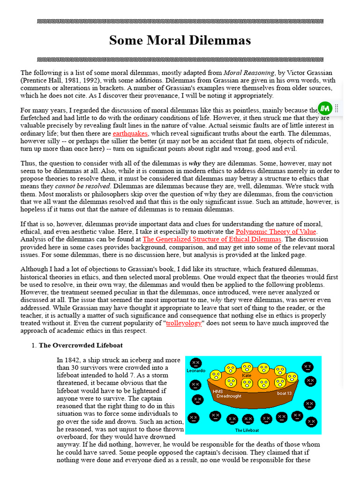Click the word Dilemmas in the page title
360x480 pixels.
(217, 40)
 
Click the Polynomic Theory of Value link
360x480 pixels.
(276, 232)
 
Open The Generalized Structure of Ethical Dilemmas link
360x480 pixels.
(212, 239)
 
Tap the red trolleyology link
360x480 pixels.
(184, 323)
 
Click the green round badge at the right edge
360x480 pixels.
(325, 108)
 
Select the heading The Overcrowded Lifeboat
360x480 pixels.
(81, 345)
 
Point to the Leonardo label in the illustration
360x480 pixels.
(196, 370)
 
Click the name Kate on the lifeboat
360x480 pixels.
(247, 375)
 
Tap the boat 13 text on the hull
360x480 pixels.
(285, 393)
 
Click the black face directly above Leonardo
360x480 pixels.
(195, 363)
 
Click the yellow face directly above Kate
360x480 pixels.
(247, 367)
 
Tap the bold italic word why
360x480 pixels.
(195, 164)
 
